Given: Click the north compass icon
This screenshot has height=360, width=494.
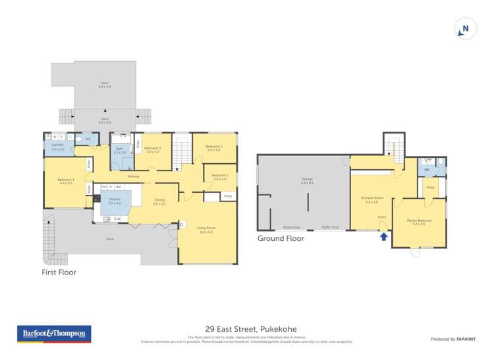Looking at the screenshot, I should [x=465, y=28].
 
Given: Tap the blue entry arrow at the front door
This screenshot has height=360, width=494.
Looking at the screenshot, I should [x=383, y=236].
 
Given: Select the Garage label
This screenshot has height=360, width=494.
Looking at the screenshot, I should [x=306, y=180].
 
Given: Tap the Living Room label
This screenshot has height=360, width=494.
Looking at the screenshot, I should [x=206, y=229].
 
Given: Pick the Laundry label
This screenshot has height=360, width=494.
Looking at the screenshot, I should [x=57, y=146].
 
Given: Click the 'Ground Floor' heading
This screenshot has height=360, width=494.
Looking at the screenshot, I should [x=281, y=238].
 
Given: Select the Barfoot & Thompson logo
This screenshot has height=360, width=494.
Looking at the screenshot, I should [x=54, y=334].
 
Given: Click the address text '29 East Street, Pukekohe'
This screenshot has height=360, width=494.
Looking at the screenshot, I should [x=247, y=326].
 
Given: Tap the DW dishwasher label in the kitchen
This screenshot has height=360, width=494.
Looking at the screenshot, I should [x=117, y=219].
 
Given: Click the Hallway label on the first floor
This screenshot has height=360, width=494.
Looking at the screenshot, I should [x=134, y=176].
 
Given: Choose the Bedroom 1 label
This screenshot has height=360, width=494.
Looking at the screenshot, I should [x=219, y=176].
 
